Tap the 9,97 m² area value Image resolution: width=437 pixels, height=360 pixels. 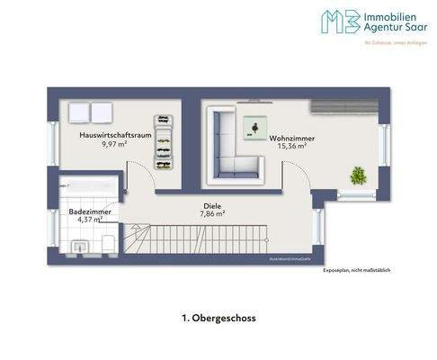coord(113,143)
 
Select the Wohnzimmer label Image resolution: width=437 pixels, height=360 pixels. coord(288,138)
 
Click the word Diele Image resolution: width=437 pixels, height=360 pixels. coord(212,206)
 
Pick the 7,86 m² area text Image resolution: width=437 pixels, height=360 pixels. coord(212,214)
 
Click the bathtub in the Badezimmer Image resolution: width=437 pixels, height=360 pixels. coord(88,184)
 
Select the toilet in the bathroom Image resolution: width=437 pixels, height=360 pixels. coord(109,243)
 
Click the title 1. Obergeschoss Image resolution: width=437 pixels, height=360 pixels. coord(218,318)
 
